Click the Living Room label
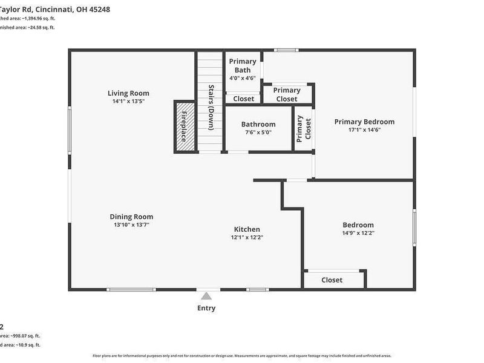coord(128,93)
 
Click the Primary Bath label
coord(243,65)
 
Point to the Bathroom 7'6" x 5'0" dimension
coord(258,132)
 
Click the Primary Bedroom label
coord(364,122)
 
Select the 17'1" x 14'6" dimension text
coord(364,129)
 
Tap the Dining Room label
coord(131,217)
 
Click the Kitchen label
coord(247,229)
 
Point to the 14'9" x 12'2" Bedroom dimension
coord(358,233)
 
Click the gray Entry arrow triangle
coord(206,296)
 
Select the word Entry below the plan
coord(206,308)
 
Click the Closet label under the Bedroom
coord(332,280)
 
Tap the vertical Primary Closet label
coord(303,128)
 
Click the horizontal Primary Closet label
coord(287,94)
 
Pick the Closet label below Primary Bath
coord(243,99)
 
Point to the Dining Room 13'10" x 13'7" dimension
coord(131,224)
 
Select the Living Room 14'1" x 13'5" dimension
coord(128,101)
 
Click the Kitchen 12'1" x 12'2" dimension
coord(247,237)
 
